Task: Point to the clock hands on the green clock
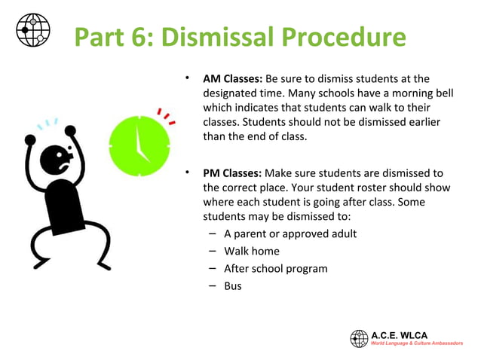(x=140, y=142)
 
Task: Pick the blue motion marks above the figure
(x=50, y=122)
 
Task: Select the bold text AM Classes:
(x=232, y=78)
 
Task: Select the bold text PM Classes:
(x=232, y=173)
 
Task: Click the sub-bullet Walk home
(x=251, y=251)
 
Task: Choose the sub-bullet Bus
(x=233, y=286)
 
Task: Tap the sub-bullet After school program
(x=275, y=268)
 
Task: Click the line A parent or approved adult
(x=290, y=233)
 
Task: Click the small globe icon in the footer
(x=359, y=339)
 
